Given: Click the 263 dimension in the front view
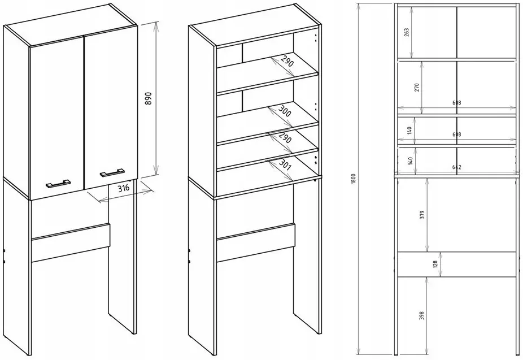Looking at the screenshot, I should (407, 32).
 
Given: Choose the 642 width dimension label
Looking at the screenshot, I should (456, 167).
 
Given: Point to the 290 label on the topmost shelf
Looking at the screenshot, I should (286, 62).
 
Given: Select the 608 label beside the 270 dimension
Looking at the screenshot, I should (456, 103).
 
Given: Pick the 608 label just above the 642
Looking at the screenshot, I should (456, 135).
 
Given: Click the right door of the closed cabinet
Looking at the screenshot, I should (111, 102).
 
